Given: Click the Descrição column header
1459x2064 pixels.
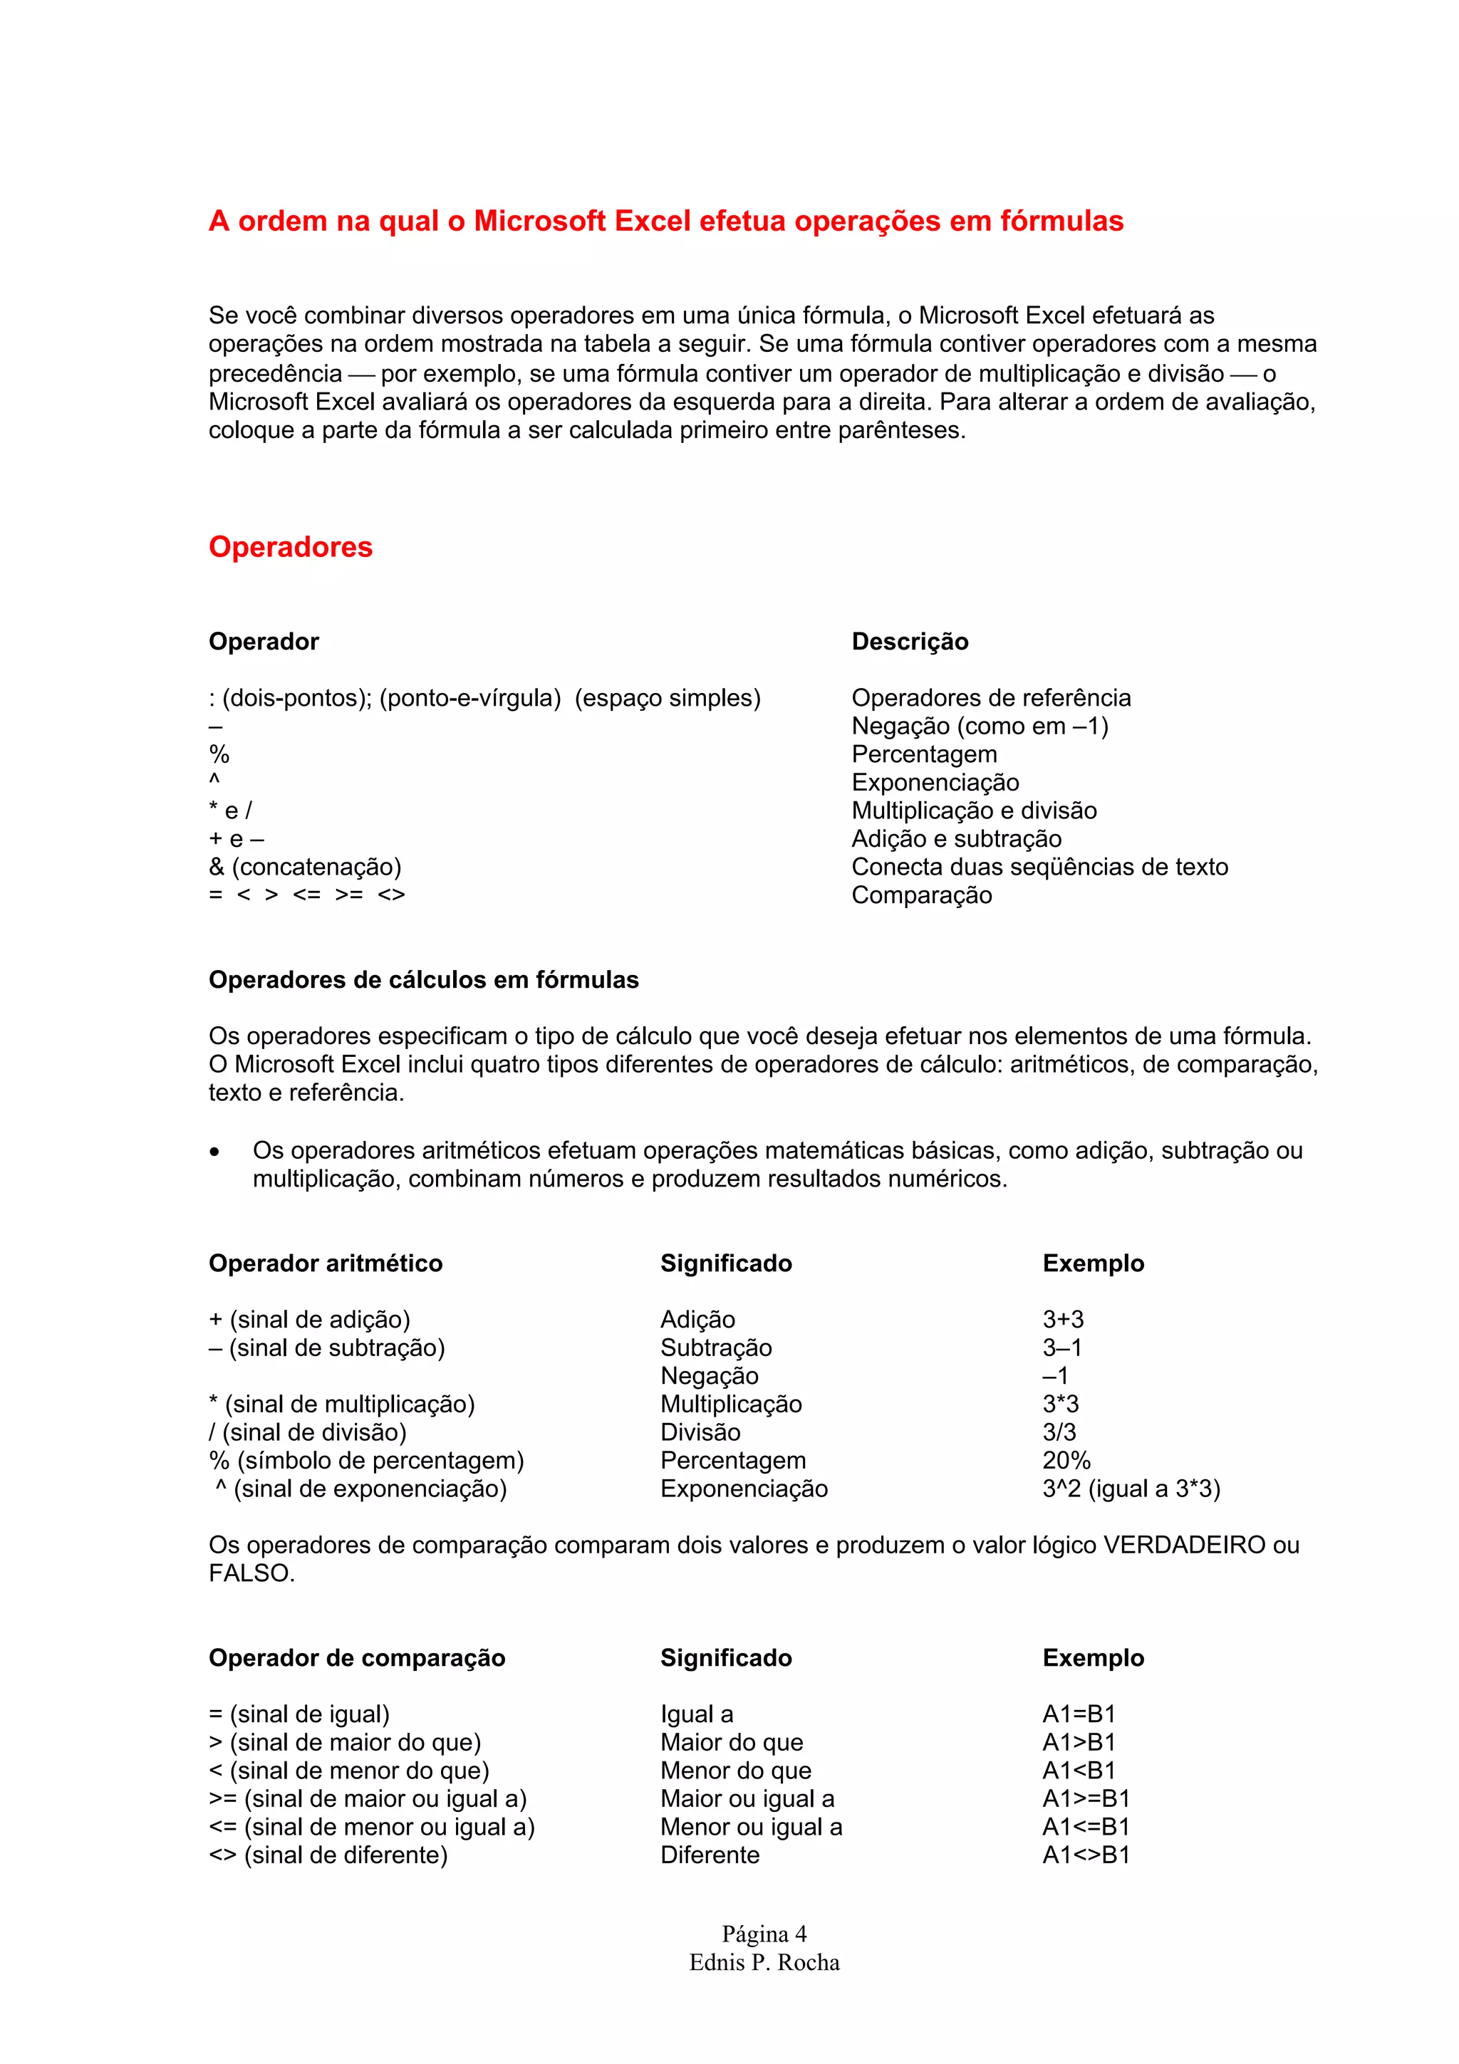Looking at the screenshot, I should point(910,641).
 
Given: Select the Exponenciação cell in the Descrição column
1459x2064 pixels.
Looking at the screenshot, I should point(935,782).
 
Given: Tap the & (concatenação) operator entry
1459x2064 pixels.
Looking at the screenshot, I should point(305,867).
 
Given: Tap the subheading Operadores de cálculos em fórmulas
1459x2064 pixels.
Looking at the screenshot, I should point(423,980).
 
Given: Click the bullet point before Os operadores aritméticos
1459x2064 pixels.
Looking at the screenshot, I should point(214,1152).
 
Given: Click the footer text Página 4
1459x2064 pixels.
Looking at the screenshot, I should point(764,1934).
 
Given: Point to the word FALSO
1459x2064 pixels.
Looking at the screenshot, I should point(251,1573).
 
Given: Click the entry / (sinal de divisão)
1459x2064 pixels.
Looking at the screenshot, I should point(308,1432).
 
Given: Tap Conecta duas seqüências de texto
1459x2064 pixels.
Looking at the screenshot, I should point(1039,867).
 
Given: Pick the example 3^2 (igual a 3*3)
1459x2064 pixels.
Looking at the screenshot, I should point(1131,1489).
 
